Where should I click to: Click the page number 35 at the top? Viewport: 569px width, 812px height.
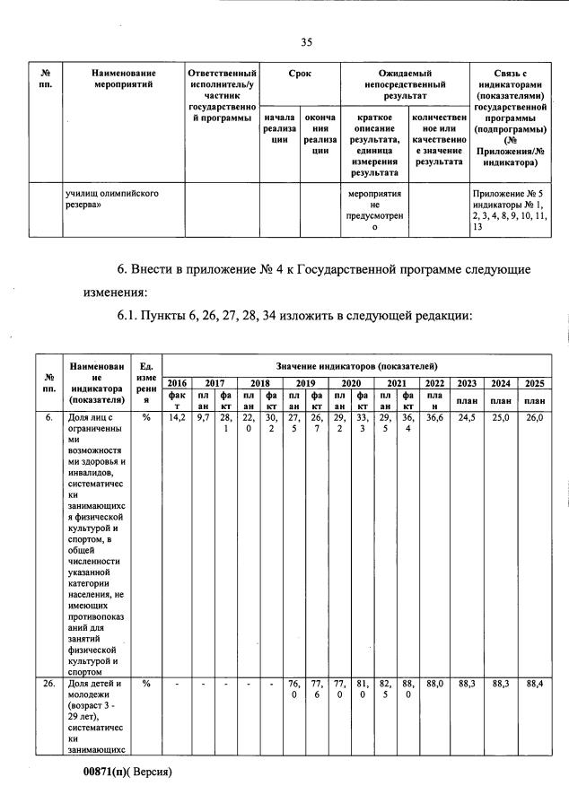pyautogui.click(x=306, y=42)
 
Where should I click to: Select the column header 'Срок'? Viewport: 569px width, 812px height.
pyautogui.click(x=300, y=74)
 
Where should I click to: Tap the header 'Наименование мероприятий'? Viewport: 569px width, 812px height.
pyautogui.click(x=123, y=79)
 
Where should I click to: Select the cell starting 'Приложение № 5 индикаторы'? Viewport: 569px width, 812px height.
pyautogui.click(x=509, y=211)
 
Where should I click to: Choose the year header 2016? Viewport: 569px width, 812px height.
pyautogui.click(x=178, y=383)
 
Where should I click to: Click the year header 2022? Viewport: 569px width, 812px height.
pyautogui.click(x=434, y=383)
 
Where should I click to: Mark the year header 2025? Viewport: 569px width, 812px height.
pyautogui.click(x=535, y=383)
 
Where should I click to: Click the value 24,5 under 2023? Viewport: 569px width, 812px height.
pyautogui.click(x=467, y=417)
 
